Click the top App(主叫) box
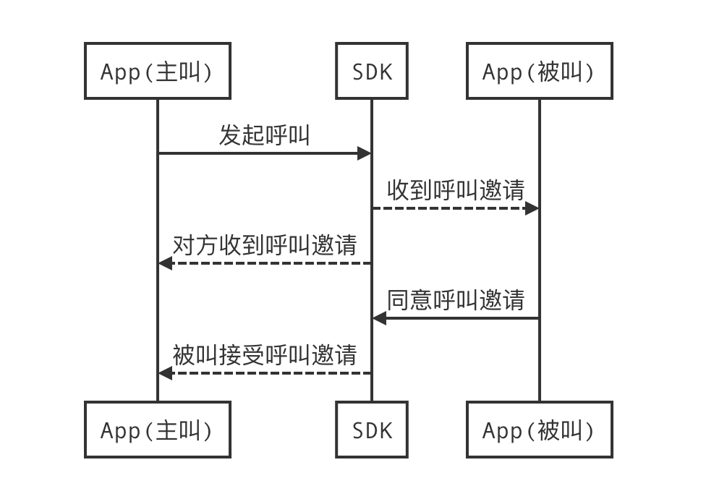pos(157,71)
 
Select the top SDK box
pos(372,71)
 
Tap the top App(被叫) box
pos(539,71)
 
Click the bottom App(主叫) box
pos(157,430)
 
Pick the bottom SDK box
pos(372,430)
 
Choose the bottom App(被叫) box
pos(539,430)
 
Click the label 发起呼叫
pos(265,135)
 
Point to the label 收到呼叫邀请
pos(456,189)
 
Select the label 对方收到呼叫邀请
pos(265,244)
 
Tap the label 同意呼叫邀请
pos(456,299)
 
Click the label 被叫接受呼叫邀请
pos(265,354)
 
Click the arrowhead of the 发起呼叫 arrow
pos(365,153)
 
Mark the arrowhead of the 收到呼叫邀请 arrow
pos(532,208)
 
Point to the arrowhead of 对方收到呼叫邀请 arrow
pos(166,263)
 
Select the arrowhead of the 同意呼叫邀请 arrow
pos(379,318)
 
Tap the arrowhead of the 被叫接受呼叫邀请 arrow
pos(166,373)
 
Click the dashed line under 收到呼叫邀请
pos(448,208)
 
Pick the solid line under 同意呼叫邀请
pos(463,318)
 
